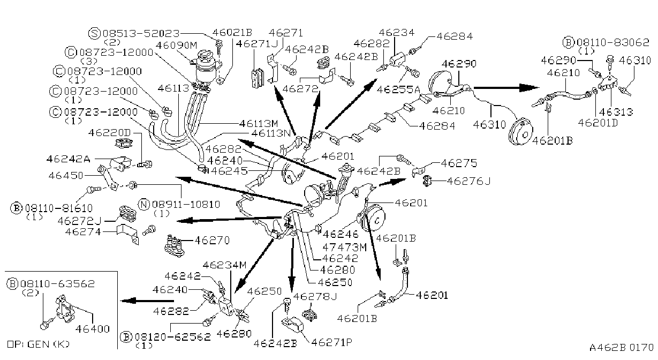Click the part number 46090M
coord(176,45)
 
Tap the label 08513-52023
coord(141,33)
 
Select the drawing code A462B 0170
coord(622,348)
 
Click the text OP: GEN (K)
coord(38,344)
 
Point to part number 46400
coord(93,329)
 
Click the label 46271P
coord(331,342)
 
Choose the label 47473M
coord(345,247)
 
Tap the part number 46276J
coord(468,181)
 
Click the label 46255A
coord(398,89)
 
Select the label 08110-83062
coord(613,42)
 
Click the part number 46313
coord(616,111)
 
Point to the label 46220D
coord(109,133)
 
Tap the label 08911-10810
coord(186,204)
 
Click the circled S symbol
coord(95,33)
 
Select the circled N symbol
coord(144,204)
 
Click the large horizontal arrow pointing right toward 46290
coord(506,87)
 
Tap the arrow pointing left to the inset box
coord(147,301)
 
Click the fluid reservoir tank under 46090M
coord(207,67)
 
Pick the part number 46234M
coord(224,265)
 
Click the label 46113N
coord(271,133)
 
